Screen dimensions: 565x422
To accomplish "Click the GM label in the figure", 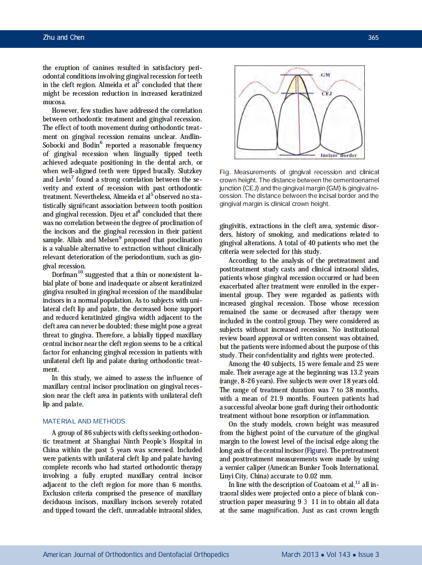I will tap(325, 75).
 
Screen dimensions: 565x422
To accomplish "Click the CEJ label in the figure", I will tap(326, 93).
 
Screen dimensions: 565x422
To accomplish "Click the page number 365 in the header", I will tap(373, 38).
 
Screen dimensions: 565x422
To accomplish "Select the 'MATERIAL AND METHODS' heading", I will tap(84, 421).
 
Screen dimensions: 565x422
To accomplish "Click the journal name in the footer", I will tap(136, 554).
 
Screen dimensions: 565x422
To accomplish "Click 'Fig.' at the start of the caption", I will tap(225, 172).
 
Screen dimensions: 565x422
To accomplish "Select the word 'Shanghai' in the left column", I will tap(99, 442).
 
